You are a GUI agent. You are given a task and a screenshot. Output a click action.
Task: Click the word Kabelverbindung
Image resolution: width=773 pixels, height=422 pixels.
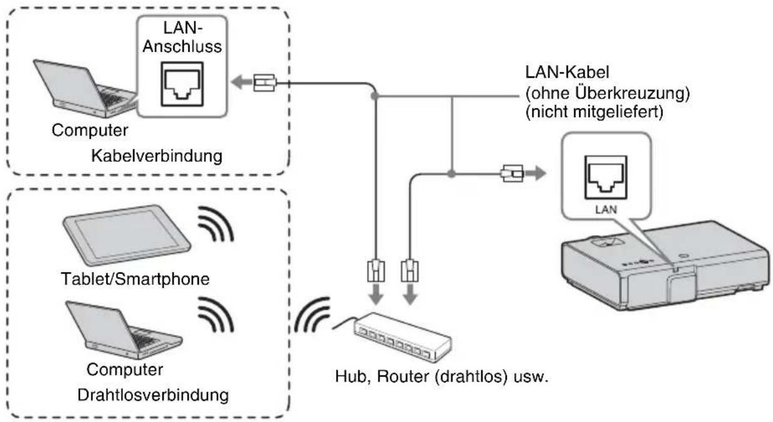(x=157, y=156)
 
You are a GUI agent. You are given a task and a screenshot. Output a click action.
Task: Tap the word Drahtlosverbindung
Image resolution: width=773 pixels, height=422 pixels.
(x=153, y=395)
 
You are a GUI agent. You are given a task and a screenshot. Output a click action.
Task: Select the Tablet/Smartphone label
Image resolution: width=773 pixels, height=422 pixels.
(x=135, y=279)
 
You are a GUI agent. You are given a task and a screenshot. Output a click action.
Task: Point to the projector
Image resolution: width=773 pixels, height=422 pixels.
(x=665, y=265)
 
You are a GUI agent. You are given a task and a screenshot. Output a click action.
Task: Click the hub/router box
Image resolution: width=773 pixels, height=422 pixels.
(x=402, y=337)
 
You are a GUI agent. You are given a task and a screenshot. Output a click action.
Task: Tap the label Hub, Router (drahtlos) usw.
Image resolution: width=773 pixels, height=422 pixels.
(x=442, y=376)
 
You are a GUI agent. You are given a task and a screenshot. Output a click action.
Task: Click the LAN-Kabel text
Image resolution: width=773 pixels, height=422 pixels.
(x=567, y=72)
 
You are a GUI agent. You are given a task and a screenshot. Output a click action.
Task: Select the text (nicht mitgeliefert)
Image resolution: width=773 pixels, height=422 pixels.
(x=594, y=112)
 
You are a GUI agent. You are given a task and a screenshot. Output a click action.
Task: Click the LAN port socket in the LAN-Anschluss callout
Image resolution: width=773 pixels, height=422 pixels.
(x=182, y=84)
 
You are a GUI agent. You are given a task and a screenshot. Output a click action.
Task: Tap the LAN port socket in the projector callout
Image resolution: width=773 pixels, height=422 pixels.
(x=605, y=177)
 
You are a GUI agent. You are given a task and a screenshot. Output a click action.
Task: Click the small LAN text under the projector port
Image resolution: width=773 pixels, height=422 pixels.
(x=606, y=209)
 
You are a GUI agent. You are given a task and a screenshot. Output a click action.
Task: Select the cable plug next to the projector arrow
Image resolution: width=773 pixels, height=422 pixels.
(x=512, y=174)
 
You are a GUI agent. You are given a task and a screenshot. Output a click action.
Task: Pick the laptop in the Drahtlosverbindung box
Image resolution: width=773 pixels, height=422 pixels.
(x=124, y=330)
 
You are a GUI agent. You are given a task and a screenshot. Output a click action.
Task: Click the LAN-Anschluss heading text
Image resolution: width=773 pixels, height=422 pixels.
(x=182, y=37)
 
